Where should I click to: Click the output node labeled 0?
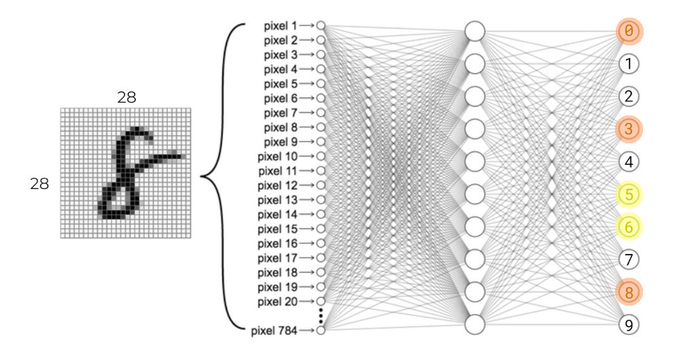tap(629, 31)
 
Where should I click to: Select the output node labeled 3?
tap(629, 130)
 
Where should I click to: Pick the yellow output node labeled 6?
tap(629, 227)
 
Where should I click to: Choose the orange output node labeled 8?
tap(629, 292)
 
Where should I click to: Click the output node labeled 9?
tap(629, 325)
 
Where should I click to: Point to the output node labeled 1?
tap(629, 65)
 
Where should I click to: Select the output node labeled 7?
tap(629, 259)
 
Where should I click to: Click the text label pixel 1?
tap(281, 26)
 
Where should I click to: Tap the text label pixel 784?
tap(274, 331)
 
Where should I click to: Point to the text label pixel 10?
tap(277, 156)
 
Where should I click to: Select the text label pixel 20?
tap(277, 302)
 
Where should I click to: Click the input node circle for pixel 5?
tap(321, 84)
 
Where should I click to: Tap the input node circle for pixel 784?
tap(321, 330)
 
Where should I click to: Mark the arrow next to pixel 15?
tap(307, 229)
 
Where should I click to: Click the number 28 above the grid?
tap(126, 98)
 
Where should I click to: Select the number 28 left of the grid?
tap(39, 183)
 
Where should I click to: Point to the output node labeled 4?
tap(629, 162)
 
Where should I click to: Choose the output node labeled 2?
tap(629, 96)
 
